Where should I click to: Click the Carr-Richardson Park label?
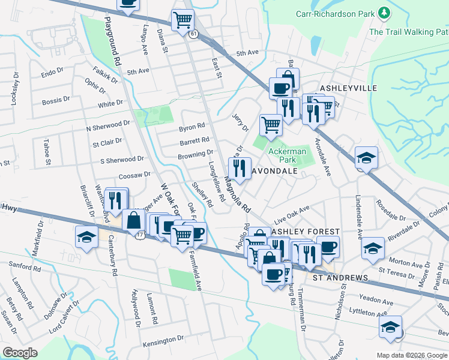tap(335, 13)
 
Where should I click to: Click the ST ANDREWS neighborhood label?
tap(340, 278)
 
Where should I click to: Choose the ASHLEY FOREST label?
tap(306, 232)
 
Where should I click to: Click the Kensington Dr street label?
tap(163, 340)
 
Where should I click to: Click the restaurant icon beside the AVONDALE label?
tap(240, 169)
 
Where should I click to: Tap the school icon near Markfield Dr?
tap(87, 237)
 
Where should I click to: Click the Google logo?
tap(20, 353)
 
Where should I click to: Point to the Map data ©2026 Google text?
tap(411, 355)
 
